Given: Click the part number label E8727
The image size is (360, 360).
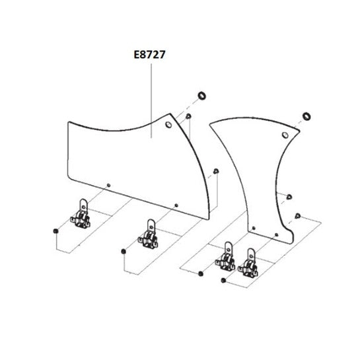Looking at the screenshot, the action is click(149, 55).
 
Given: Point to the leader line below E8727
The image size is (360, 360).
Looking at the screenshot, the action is click(151, 101).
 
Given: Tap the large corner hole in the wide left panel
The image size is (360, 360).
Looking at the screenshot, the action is click(168, 125).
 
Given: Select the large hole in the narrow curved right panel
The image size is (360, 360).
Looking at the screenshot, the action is click(285, 135).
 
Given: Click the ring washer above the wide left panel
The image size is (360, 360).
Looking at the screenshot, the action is click(202, 96).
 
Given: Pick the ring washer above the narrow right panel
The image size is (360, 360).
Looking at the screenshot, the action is click(306, 116).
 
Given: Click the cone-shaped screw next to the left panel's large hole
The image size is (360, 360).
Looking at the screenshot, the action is click(188, 116).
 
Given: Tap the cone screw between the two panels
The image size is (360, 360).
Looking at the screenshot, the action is click(216, 171).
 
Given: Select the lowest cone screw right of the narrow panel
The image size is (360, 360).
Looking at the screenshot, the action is click(298, 216).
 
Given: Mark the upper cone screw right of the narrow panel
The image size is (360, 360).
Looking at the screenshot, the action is click(289, 197).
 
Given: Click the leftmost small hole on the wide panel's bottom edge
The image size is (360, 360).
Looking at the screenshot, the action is click(109, 185).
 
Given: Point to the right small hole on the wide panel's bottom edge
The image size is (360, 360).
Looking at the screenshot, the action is click(176, 205).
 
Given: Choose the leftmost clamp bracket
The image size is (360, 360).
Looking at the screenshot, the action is click(81, 214).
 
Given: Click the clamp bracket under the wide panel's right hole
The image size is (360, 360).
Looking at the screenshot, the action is click(149, 234).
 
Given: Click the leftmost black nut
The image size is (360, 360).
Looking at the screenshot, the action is click(55, 231).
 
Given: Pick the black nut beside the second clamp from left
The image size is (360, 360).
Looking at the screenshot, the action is click(124, 252).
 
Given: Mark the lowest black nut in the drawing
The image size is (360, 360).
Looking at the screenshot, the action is click(223, 280).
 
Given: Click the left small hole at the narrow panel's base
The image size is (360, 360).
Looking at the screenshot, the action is click(254, 228).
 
